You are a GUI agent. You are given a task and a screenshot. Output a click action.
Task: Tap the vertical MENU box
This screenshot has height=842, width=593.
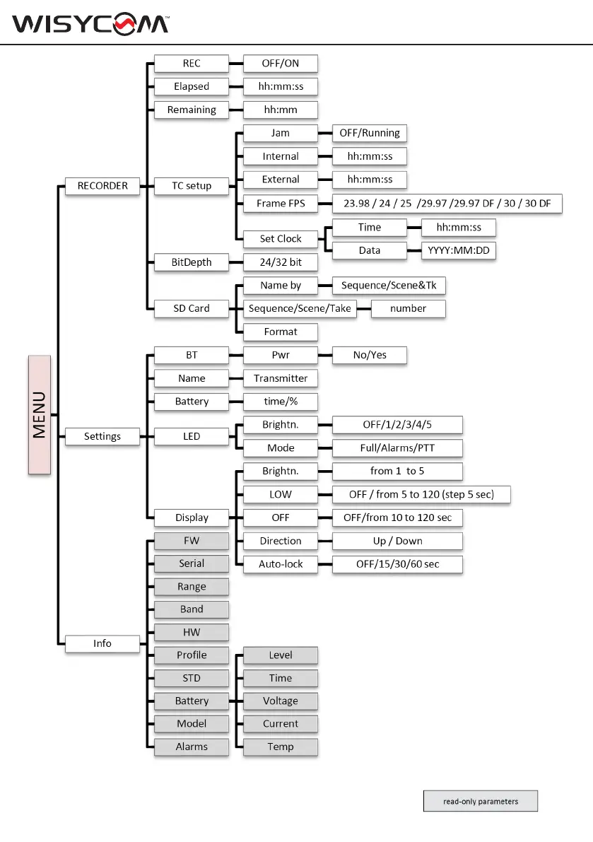point(40,414)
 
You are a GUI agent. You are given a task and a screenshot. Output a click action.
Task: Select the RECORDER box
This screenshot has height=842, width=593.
point(102,186)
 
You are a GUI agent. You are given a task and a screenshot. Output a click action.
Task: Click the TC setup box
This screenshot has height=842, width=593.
point(192,186)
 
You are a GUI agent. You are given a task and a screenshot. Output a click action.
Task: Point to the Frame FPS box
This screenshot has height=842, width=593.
point(281,204)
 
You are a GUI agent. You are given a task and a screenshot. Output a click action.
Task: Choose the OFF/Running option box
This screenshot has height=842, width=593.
point(370,133)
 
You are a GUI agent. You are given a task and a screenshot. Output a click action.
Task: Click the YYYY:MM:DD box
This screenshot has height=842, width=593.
point(459,250)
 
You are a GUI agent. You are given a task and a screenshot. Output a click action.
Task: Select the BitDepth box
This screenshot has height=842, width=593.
point(192,262)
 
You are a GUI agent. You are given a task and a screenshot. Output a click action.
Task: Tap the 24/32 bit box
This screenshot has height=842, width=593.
point(281,262)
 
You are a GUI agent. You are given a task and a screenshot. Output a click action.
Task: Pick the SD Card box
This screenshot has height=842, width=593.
point(192,308)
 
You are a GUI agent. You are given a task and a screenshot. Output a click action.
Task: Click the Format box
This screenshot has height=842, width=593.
point(281,332)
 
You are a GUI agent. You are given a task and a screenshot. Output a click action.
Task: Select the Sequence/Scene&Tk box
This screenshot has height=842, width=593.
point(383,286)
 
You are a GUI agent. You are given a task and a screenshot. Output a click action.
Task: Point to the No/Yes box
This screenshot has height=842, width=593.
point(370,355)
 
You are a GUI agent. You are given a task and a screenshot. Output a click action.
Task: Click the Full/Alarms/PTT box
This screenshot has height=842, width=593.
point(397,448)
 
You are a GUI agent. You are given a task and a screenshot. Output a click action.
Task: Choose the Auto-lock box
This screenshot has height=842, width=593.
point(281,564)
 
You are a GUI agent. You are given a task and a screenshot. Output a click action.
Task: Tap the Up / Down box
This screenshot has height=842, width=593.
point(397,541)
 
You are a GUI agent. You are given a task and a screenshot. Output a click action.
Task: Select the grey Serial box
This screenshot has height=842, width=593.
point(192,563)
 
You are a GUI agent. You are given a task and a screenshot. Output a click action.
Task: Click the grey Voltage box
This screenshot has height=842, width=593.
point(281,701)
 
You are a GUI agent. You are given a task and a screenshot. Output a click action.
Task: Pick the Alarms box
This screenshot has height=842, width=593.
point(192,747)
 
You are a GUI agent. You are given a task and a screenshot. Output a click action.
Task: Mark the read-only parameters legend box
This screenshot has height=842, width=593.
point(481,801)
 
